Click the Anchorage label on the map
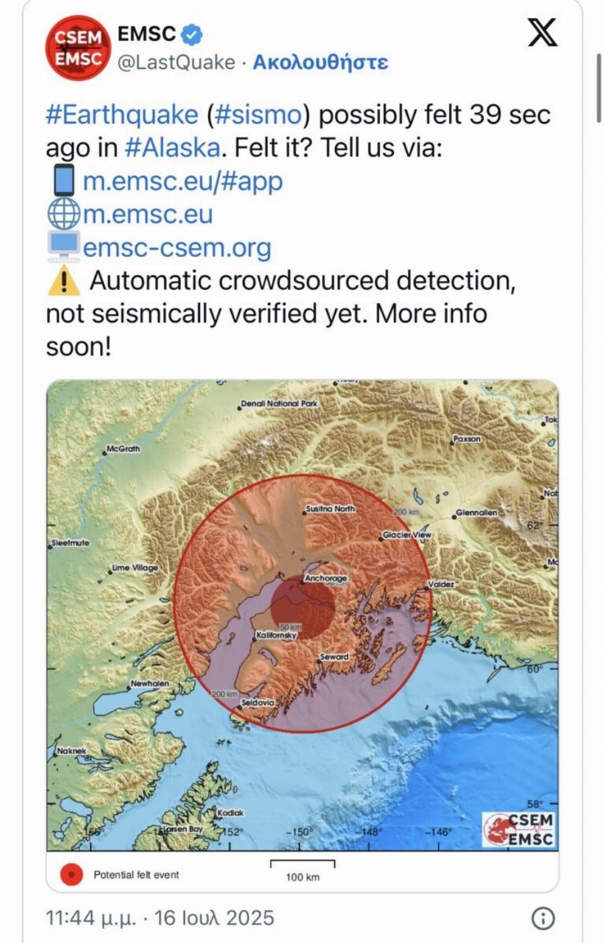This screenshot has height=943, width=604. click(x=326, y=578)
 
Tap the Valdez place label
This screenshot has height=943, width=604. click(x=442, y=584)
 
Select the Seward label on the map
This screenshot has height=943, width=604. click(x=334, y=657)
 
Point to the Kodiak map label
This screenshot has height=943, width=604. click(x=231, y=812)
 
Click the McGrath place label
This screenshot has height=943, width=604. click(x=123, y=449)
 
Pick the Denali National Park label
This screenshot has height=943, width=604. click(x=279, y=404)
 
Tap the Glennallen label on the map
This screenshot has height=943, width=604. click(x=476, y=512)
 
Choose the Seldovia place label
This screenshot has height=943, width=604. click(x=258, y=702)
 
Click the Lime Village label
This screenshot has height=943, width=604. click(x=136, y=567)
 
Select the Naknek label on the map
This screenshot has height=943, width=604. click(x=72, y=751)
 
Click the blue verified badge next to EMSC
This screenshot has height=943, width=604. click(x=193, y=34)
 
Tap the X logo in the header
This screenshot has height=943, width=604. click(x=542, y=32)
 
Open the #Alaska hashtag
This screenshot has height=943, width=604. click(x=172, y=148)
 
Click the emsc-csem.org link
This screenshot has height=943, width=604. click(x=177, y=247)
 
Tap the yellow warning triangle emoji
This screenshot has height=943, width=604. click(x=64, y=280)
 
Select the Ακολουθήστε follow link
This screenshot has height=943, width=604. click(x=320, y=62)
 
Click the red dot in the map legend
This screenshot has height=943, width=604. click(x=71, y=875)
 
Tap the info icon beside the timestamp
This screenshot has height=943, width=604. click(x=543, y=918)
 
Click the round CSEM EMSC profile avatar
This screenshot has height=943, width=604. click(x=78, y=47)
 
